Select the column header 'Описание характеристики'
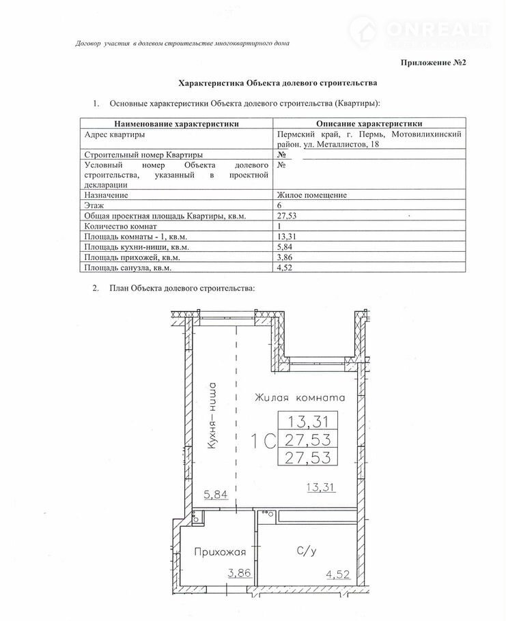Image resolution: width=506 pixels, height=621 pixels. pos(369,124)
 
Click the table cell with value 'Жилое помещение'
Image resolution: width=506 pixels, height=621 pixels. pos(312,195)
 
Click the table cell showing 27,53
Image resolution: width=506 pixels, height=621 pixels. pos(287,216)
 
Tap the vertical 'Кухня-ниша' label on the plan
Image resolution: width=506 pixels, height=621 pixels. pos(213,418)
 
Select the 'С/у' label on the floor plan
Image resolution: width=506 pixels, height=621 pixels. pos(306,550)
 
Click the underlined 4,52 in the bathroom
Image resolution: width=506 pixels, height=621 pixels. pos(334,575)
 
